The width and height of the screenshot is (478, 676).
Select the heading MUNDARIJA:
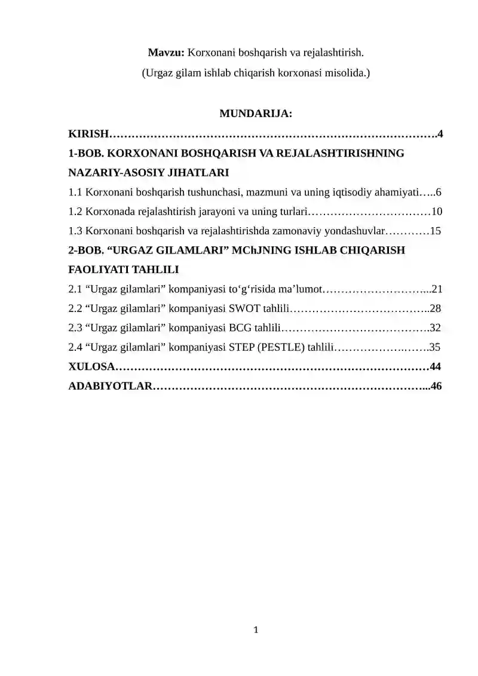[x=256, y=113]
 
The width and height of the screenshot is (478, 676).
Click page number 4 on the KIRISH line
[x=440, y=133]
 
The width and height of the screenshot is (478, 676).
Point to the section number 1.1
[x=75, y=192]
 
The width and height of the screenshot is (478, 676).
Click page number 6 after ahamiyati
[x=439, y=192]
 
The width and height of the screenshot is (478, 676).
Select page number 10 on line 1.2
[x=437, y=212]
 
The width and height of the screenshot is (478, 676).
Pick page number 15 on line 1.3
[x=436, y=231]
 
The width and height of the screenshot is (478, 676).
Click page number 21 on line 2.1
[x=436, y=289]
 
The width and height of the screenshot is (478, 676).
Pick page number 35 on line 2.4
[x=435, y=347]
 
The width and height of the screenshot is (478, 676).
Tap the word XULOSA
[x=90, y=366]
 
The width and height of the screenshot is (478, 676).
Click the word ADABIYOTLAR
[x=110, y=386]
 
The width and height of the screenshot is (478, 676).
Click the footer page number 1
[x=256, y=629]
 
